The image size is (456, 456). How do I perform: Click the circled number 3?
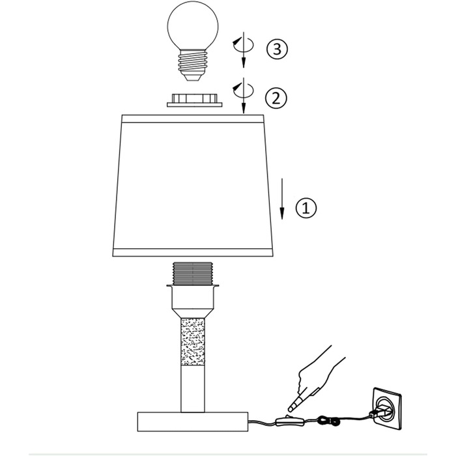click(x=277, y=49)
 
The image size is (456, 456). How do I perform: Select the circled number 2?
click(x=276, y=98)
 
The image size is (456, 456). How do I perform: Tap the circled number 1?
click(x=306, y=208)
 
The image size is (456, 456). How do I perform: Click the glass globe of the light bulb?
click(x=193, y=26)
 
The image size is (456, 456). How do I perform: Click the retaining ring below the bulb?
click(x=195, y=100)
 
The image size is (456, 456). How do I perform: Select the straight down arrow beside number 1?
click(x=282, y=199)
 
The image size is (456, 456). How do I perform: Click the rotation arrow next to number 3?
click(x=243, y=50)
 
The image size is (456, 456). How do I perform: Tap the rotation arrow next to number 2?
click(x=243, y=95)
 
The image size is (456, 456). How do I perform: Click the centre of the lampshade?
click(x=193, y=186)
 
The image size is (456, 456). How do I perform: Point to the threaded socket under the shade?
click(x=193, y=274)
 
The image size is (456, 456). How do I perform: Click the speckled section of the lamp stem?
click(x=193, y=342)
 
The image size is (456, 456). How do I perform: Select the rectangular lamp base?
click(x=193, y=421)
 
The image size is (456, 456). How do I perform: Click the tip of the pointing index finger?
click(x=289, y=410)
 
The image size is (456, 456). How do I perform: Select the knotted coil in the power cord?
click(x=328, y=421)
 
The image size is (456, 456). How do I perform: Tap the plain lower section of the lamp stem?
click(x=193, y=389)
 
